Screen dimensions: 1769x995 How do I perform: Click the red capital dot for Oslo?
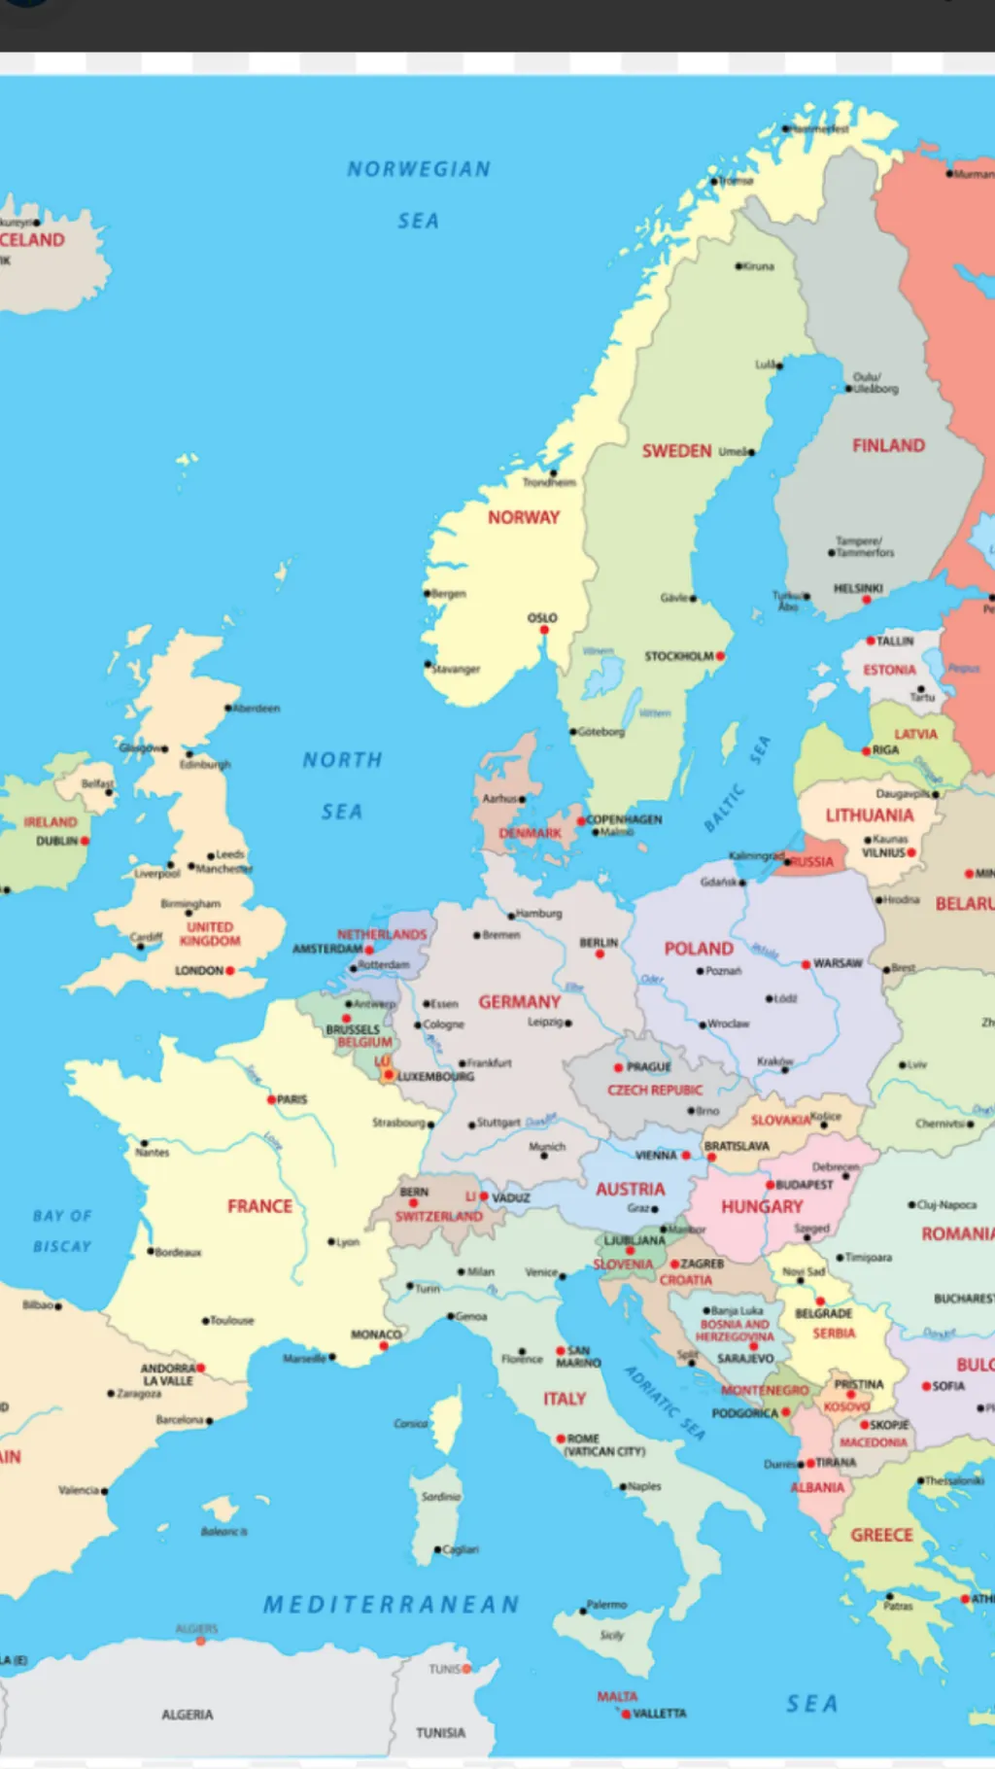coord(544,630)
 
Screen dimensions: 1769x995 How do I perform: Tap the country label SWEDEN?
coord(676,451)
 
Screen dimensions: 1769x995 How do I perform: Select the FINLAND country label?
coord(888,445)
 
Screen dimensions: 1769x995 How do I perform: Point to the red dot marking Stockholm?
coord(720,657)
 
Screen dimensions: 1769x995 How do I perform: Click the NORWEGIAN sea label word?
coord(419,169)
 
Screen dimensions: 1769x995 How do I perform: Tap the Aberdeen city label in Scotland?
coord(257,709)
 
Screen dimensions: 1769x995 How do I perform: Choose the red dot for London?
coord(230,970)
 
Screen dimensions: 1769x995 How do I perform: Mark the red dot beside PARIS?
coord(272,1099)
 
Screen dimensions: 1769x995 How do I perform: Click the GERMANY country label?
coord(519,1001)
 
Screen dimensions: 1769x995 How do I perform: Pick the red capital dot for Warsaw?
coord(806,964)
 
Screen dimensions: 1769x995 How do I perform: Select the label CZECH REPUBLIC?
coord(655,1090)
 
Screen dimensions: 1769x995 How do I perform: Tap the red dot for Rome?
coord(561,1439)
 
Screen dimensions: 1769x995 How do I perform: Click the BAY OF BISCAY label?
coord(62,1231)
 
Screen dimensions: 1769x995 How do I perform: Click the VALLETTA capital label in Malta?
coord(660,1714)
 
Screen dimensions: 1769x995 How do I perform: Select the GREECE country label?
coord(881,1535)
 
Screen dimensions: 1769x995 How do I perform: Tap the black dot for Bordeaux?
coord(151,1252)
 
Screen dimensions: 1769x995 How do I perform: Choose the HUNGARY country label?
coord(762,1206)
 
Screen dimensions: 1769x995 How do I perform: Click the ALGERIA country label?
coord(187,1715)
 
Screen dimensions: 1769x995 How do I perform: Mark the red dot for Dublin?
coord(85,841)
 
